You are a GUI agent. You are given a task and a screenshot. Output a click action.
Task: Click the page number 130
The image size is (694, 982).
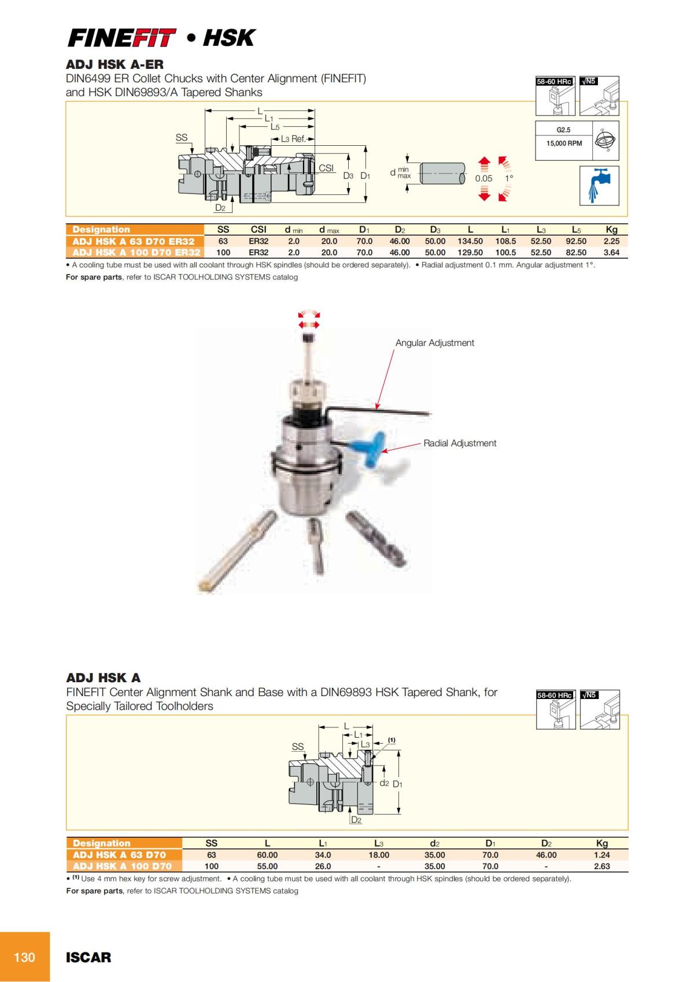[24, 957]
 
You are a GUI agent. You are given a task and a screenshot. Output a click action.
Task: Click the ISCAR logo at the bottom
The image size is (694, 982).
[88, 958]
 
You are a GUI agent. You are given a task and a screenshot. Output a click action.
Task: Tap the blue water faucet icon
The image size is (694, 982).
[599, 185]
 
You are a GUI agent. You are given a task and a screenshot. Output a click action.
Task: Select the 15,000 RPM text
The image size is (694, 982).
[564, 143]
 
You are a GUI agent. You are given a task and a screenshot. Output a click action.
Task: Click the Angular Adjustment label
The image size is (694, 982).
[434, 343]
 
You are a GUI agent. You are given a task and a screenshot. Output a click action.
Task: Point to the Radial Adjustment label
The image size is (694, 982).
[460, 443]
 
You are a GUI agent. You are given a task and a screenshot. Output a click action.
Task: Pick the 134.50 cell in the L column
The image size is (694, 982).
[470, 241]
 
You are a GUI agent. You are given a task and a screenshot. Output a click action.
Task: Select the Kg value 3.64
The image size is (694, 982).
[611, 252]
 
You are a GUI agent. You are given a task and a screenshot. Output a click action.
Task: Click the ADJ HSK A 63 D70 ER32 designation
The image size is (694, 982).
[134, 241]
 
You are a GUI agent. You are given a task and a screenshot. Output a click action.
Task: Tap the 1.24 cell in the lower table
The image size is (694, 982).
[601, 855]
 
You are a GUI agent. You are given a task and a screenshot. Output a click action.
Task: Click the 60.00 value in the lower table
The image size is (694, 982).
[267, 855]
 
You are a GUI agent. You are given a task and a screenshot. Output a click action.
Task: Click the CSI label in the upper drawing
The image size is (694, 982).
[326, 168]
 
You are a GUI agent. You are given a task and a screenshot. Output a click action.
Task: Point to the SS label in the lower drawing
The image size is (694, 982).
[297, 746]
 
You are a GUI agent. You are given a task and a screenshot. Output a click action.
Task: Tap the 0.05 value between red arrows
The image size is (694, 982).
[483, 178]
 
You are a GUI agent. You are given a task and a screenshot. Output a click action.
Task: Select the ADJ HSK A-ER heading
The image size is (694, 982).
[115, 64]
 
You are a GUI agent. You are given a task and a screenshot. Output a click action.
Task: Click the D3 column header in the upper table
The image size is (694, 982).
[435, 230]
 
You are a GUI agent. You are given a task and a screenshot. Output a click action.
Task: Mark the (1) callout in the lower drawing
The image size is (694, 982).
[392, 740]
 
